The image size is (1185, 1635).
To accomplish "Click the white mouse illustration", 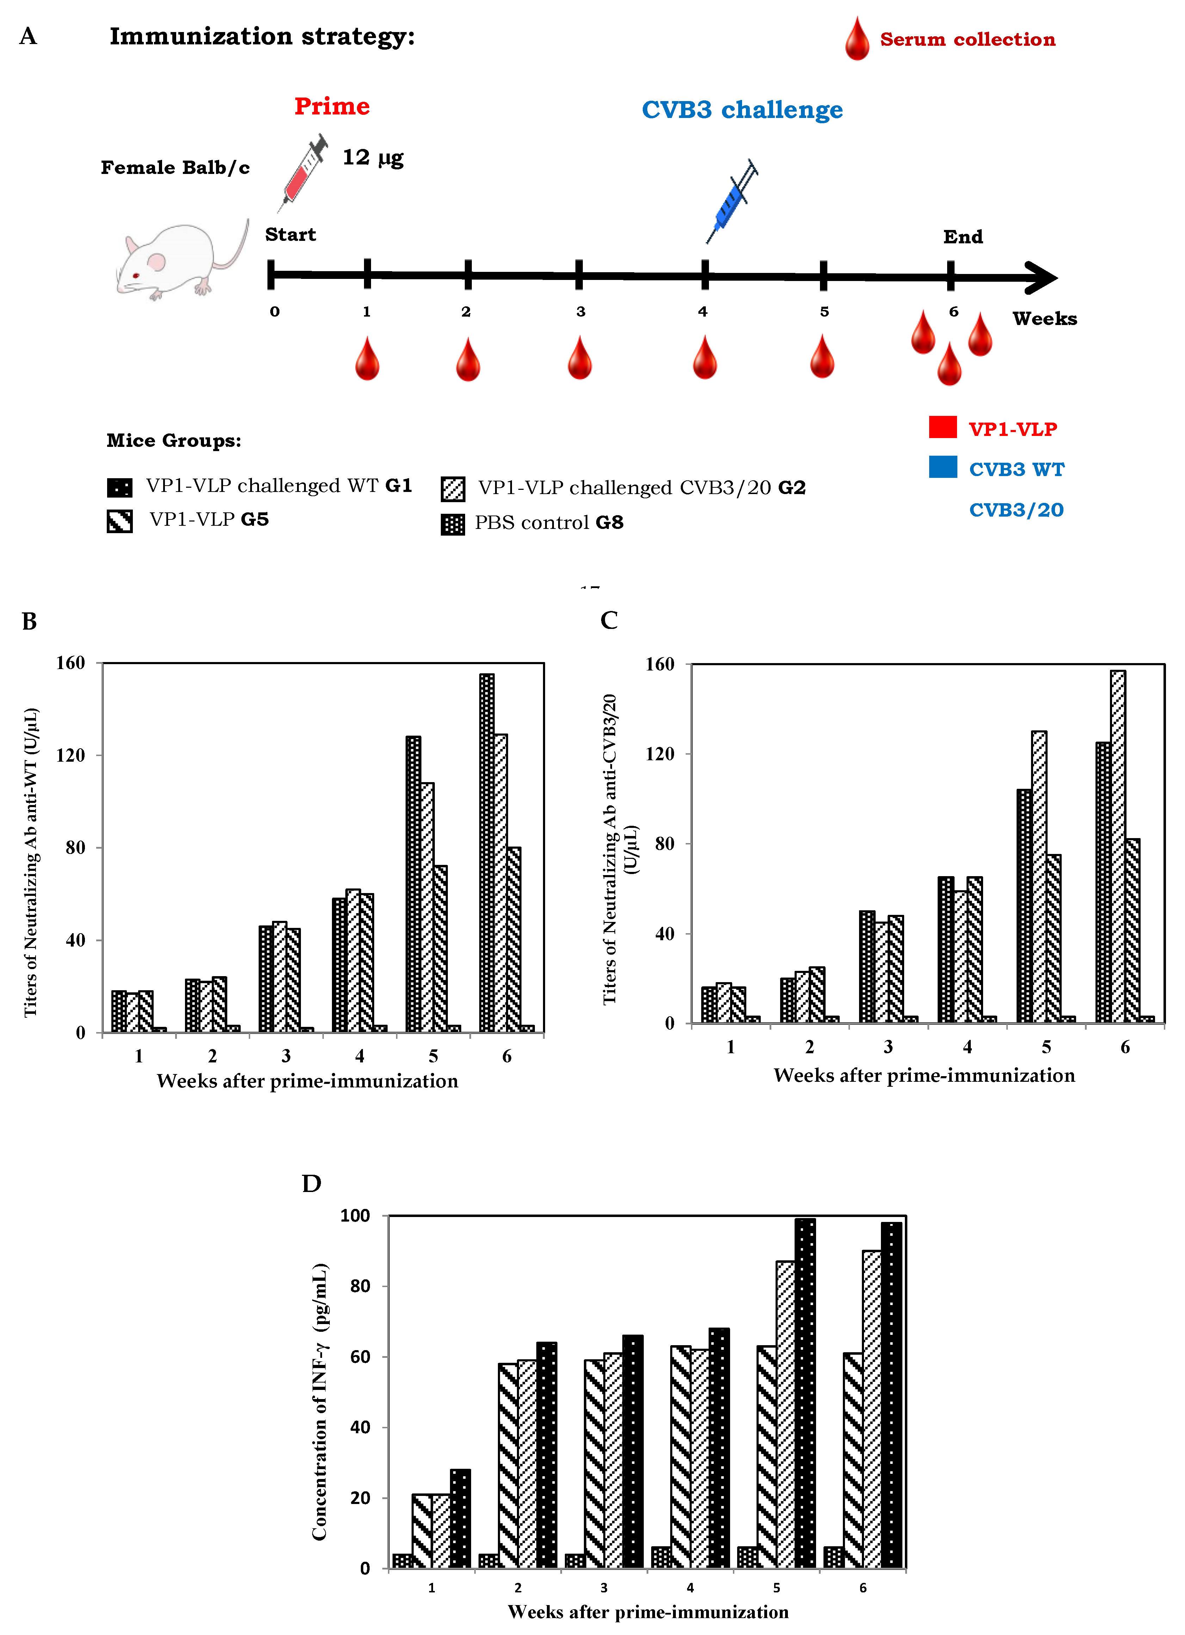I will tap(180, 260).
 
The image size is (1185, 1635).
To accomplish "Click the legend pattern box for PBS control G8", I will tap(452, 524).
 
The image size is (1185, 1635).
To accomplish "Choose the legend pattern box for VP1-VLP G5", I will tap(120, 520).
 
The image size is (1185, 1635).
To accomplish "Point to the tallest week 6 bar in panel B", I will tap(487, 851).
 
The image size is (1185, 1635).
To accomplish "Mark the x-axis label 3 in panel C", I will tap(888, 1047).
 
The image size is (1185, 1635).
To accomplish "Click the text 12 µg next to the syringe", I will tap(372, 157).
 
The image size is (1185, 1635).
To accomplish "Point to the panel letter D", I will tap(311, 1184).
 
